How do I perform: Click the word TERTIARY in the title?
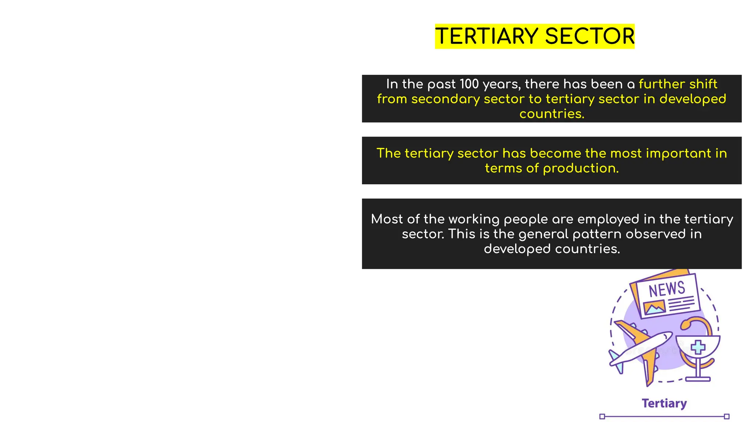(x=487, y=36)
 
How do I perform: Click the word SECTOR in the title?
(x=590, y=36)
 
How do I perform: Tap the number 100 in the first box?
(x=469, y=84)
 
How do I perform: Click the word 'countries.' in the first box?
(x=552, y=114)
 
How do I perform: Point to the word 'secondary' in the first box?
(x=445, y=99)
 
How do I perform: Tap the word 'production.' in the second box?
(x=580, y=168)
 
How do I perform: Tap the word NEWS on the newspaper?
(x=667, y=289)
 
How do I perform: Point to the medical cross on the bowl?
(x=698, y=347)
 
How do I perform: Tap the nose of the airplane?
(x=669, y=334)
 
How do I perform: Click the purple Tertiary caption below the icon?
(x=664, y=403)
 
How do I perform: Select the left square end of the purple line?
(x=602, y=416)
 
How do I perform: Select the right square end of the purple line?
(x=727, y=416)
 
